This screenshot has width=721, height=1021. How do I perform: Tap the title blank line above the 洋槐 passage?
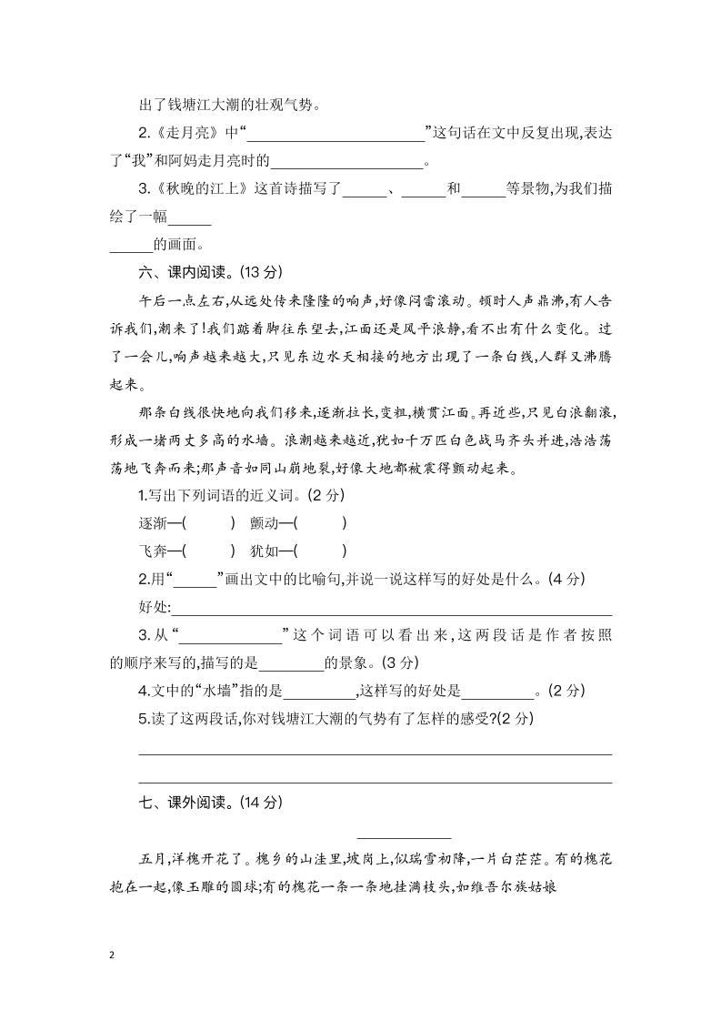[x=404, y=834]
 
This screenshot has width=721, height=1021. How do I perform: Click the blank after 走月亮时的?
[x=347, y=164]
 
